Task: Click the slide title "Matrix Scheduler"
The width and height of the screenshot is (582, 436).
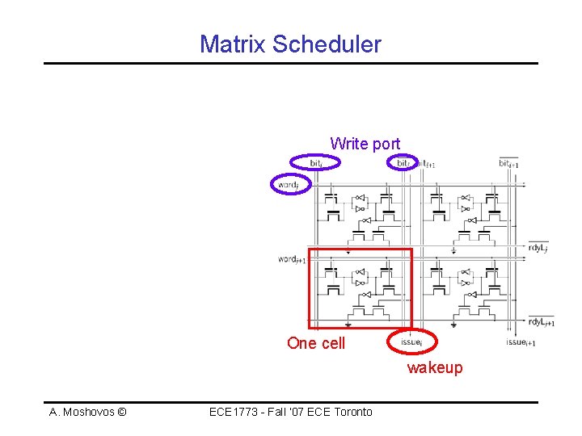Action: pos(290,44)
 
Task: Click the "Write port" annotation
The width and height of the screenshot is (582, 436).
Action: pos(365,144)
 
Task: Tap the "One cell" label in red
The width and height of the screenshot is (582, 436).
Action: pos(316,343)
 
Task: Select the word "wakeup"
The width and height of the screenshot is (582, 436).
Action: pos(435,368)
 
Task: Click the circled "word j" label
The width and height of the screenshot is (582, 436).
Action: pos(289,185)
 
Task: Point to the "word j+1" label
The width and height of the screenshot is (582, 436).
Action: pos(292,259)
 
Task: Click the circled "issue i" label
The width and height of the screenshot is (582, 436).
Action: pos(412,342)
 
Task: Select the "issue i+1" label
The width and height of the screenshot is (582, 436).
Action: pos(521,342)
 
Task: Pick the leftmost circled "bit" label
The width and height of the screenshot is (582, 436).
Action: pos(317,163)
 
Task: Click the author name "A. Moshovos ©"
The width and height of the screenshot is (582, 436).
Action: pos(87,412)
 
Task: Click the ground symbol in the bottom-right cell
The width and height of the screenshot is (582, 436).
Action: pos(454,324)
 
